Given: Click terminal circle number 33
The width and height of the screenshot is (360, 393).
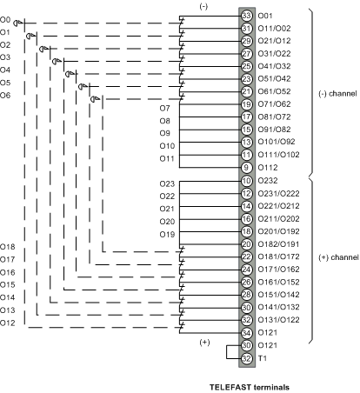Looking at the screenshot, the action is (x=246, y=16).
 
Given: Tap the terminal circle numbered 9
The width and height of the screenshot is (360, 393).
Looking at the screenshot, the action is (x=246, y=168).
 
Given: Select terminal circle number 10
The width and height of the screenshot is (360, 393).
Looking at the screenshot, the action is (x=246, y=181).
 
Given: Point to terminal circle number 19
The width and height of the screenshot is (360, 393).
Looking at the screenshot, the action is (x=246, y=104).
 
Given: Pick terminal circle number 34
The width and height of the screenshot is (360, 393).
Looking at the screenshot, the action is (x=246, y=333).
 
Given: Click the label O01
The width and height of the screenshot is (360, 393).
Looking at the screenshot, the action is (x=265, y=16).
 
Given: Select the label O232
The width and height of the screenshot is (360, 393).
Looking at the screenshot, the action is (x=268, y=181).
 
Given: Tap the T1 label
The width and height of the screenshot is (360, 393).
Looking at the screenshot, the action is (x=263, y=358).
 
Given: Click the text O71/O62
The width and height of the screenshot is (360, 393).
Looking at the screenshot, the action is (x=274, y=104).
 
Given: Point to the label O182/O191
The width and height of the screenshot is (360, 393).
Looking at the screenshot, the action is (x=278, y=244).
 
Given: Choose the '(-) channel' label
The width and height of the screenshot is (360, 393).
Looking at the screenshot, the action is (x=337, y=94).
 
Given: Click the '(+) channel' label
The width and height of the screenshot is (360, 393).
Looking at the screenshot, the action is (x=338, y=257).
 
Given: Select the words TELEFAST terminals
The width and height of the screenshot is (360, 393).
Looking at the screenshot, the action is (x=250, y=388).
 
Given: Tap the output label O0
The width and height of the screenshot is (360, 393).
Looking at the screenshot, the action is (x=5, y=20).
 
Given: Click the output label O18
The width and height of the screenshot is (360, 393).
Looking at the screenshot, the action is (x=8, y=247).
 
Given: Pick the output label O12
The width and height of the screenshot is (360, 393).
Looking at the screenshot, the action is (x=8, y=323).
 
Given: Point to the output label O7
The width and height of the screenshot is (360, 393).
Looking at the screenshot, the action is (x=164, y=109).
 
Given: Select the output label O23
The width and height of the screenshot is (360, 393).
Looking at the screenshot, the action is (x=167, y=183).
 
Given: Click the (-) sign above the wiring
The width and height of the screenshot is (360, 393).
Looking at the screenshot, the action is (x=203, y=7).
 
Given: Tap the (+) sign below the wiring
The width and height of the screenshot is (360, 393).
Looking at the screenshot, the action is (x=204, y=343).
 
